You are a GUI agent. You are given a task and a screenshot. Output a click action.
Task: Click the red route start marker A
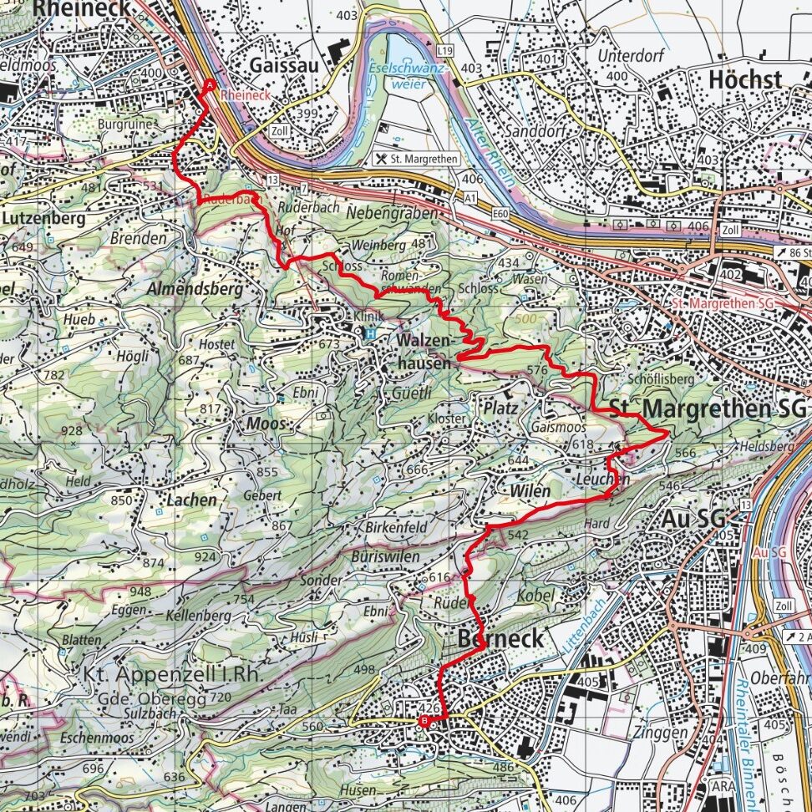tap(209, 85)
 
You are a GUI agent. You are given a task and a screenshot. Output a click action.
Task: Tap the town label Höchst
tap(744, 80)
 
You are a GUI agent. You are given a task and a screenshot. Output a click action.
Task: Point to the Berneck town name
tap(500, 639)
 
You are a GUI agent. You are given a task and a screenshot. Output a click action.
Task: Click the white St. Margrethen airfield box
tap(417, 158)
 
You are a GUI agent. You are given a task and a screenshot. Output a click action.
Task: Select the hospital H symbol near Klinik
tap(368, 333)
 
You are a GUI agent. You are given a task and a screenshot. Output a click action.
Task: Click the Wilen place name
tap(530, 491)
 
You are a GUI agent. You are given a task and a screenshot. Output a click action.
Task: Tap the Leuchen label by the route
tap(602, 480)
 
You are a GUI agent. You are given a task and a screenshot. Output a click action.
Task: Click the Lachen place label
tap(190, 500)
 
